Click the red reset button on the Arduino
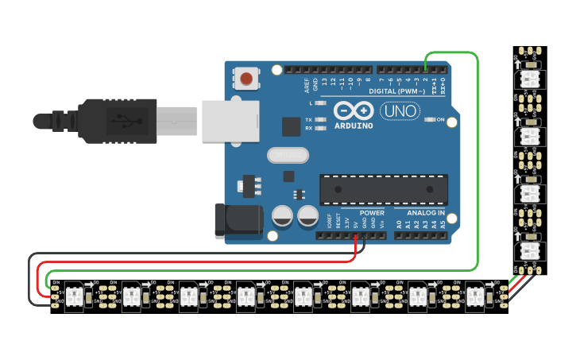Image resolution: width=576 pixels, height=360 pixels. (247, 79)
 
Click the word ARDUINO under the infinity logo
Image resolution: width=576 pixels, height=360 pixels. (353, 126)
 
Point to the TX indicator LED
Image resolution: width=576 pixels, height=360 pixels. (321, 119)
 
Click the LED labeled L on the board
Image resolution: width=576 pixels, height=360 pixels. (321, 103)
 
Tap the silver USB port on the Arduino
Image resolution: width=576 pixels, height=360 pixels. (230, 121)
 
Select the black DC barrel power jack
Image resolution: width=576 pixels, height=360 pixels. (238, 220)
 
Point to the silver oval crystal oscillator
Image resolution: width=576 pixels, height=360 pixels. (287, 155)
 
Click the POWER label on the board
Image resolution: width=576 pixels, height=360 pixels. (372, 213)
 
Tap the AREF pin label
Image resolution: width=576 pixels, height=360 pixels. (307, 82)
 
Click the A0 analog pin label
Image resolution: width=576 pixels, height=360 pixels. (399, 225)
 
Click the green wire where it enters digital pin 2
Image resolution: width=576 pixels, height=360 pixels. (425, 69)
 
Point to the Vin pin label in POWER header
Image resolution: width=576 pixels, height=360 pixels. (382, 225)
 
